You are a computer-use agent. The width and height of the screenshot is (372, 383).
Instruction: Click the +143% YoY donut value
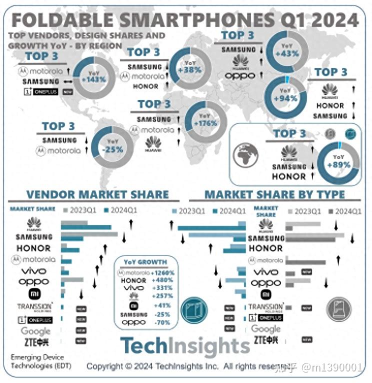pos(93,79)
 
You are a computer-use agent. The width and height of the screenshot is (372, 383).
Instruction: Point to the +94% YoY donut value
pos(285,98)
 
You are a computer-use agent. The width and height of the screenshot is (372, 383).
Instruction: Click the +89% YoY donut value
pos(338,165)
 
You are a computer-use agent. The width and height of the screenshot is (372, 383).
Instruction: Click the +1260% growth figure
pos(163,273)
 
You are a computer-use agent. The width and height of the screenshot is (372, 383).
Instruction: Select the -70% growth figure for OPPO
pos(162,322)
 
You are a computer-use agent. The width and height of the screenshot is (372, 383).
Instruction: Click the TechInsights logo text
pos(184,346)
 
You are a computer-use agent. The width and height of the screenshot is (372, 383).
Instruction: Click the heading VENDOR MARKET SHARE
pos(97,194)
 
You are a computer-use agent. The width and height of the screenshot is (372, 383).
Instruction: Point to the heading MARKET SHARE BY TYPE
pos(274,194)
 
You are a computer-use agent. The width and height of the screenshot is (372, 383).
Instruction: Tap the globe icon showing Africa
pos(245,155)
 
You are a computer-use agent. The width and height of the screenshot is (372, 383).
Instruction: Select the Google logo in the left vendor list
pos(35,331)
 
